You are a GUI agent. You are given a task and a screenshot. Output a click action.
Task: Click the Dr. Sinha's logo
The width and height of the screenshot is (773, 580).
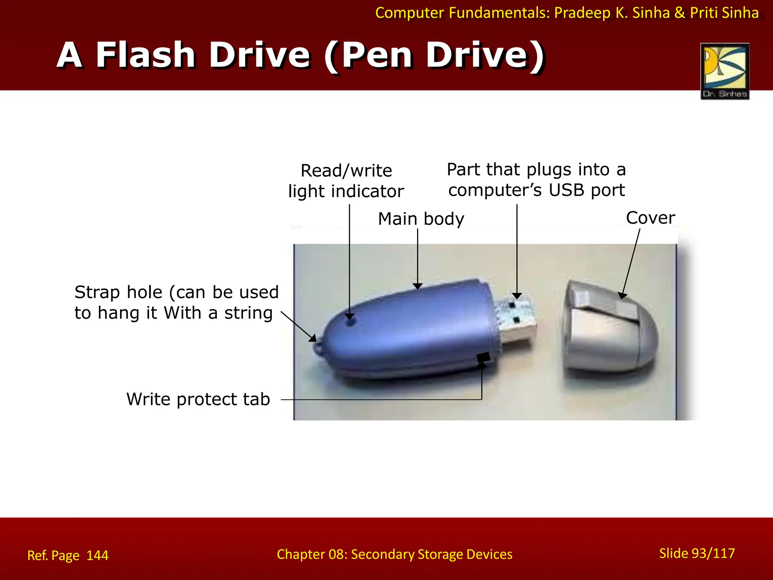(x=725, y=71)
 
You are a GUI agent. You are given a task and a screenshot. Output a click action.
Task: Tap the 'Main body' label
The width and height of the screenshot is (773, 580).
(x=421, y=219)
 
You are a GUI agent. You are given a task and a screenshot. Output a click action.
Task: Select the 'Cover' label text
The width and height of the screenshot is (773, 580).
(x=650, y=218)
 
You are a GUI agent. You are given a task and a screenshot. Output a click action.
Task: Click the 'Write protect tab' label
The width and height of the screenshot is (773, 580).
(x=198, y=400)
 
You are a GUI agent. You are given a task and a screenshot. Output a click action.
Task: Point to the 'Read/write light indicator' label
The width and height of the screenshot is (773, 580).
(x=346, y=181)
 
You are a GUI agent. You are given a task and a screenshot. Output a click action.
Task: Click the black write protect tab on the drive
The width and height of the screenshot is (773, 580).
(x=483, y=357)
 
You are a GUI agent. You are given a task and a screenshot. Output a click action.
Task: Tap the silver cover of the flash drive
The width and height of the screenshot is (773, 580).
(x=610, y=327)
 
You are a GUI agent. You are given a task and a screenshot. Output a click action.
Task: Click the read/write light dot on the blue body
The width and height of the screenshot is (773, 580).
(x=351, y=322)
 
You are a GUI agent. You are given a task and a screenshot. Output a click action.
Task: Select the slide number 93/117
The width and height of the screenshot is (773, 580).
(x=697, y=553)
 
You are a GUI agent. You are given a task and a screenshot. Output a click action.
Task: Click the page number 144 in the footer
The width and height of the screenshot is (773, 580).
(x=97, y=555)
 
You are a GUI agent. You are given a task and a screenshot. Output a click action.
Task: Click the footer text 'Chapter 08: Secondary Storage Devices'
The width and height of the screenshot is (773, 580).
(x=394, y=554)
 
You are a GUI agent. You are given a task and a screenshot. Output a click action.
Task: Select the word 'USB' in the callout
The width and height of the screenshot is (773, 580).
(x=567, y=190)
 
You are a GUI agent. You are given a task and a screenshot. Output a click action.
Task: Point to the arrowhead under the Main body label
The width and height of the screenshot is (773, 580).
(x=417, y=286)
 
